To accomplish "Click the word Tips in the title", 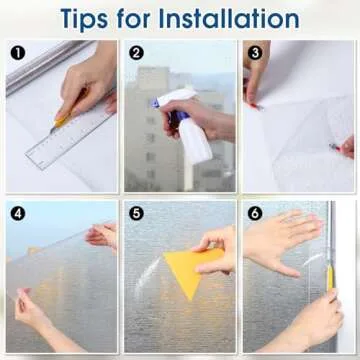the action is point(85,19).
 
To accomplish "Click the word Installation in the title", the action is point(229,18).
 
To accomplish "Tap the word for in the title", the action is point(134,18).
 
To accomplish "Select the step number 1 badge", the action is point(17,53).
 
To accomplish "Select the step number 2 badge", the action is point(136,53).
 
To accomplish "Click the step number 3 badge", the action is point(255,53).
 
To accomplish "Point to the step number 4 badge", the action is point(17,214).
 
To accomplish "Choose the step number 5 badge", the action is point(136,214).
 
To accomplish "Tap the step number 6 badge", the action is point(255,214).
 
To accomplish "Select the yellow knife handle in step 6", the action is point(330,278).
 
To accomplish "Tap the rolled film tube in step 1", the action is point(43,67).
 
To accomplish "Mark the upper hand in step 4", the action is point(102,235).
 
